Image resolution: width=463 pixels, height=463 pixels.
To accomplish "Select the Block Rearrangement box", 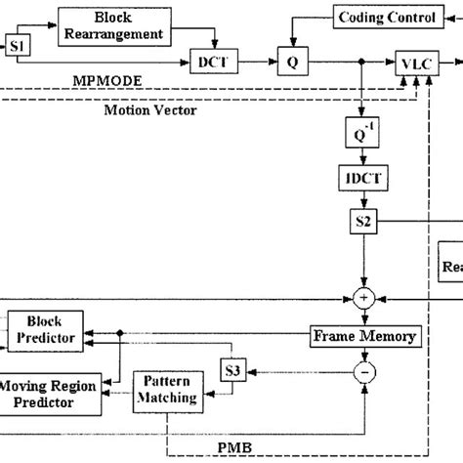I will click(x=113, y=26).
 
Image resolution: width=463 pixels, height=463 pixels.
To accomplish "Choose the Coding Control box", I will click(x=374, y=18).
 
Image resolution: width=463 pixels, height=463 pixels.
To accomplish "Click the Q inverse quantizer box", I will click(x=362, y=130).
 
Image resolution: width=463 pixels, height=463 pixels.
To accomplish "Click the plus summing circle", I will click(x=363, y=296).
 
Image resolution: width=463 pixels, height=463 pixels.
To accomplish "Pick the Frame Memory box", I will click(x=364, y=336).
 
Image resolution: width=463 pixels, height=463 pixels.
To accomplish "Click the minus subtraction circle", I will click(x=363, y=371).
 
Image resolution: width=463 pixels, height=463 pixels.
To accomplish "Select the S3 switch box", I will click(x=231, y=372).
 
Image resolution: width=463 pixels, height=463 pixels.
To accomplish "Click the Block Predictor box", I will click(x=44, y=329).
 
